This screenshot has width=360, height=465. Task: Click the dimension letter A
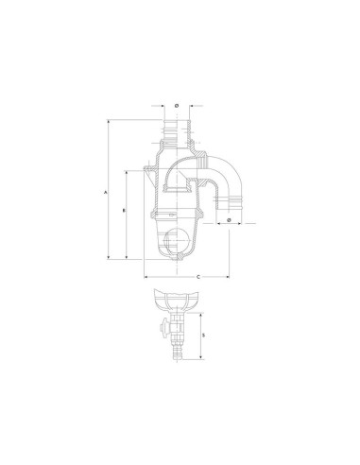point(106,192)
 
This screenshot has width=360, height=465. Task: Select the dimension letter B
point(125,210)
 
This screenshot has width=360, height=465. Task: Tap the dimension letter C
point(198,277)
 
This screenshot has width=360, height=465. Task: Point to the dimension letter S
point(204,336)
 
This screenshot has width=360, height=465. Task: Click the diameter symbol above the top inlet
point(177,106)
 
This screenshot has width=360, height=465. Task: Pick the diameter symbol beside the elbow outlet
point(229,219)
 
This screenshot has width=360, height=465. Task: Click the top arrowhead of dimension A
point(109,122)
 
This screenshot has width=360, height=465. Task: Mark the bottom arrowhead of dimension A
point(109,257)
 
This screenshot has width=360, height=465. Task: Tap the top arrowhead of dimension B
point(127,173)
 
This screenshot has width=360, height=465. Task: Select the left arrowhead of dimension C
point(146,277)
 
